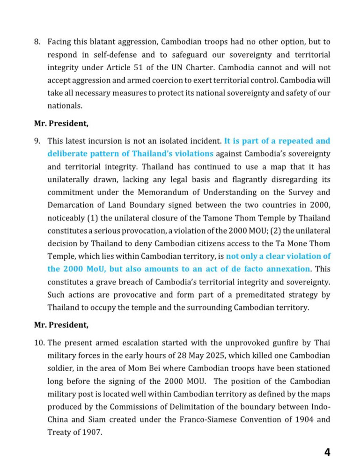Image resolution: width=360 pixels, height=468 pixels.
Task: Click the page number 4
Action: pos(327,452)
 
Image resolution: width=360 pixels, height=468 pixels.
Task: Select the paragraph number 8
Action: pos(37,42)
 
